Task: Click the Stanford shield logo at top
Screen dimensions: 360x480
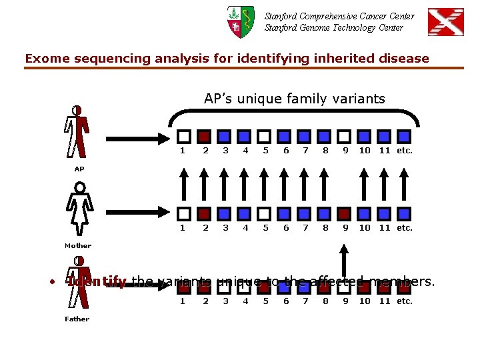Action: [241, 22]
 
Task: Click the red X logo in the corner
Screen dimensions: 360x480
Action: [445, 22]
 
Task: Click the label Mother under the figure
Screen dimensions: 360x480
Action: [78, 245]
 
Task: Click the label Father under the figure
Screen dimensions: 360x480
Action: [77, 319]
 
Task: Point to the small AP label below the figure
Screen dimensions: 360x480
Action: [79, 169]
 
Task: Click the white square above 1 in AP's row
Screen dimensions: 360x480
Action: [184, 136]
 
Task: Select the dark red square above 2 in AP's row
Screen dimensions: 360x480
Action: [205, 136]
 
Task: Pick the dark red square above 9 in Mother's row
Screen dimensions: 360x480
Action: [344, 213]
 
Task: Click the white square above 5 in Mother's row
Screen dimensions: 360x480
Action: [264, 213]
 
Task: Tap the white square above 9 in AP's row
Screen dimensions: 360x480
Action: [344, 136]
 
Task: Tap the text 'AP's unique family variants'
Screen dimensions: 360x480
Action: [294, 99]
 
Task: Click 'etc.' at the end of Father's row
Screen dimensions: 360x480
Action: [405, 301]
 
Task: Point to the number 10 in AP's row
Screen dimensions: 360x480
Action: [365, 150]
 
